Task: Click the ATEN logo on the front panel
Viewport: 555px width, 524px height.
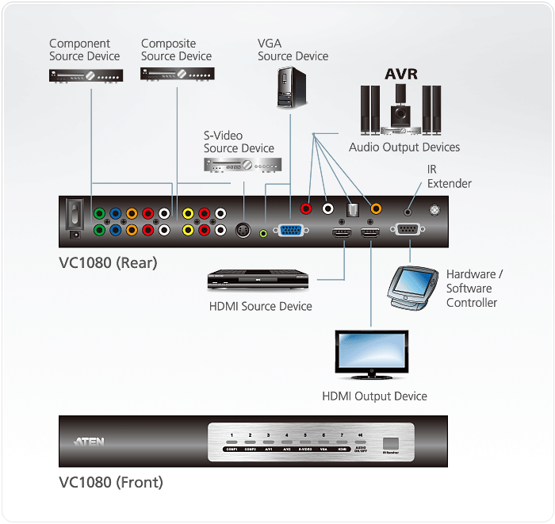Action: tap(90, 442)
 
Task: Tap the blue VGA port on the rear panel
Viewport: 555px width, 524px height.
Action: tap(289, 231)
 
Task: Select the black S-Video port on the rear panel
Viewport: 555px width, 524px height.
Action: tap(244, 230)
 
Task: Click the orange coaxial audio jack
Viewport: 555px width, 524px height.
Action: tap(376, 209)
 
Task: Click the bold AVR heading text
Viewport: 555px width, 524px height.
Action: tap(401, 75)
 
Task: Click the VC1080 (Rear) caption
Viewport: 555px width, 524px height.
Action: tap(108, 262)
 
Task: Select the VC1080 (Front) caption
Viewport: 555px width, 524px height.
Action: tap(110, 481)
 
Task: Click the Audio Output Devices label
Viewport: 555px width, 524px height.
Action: tap(404, 147)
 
